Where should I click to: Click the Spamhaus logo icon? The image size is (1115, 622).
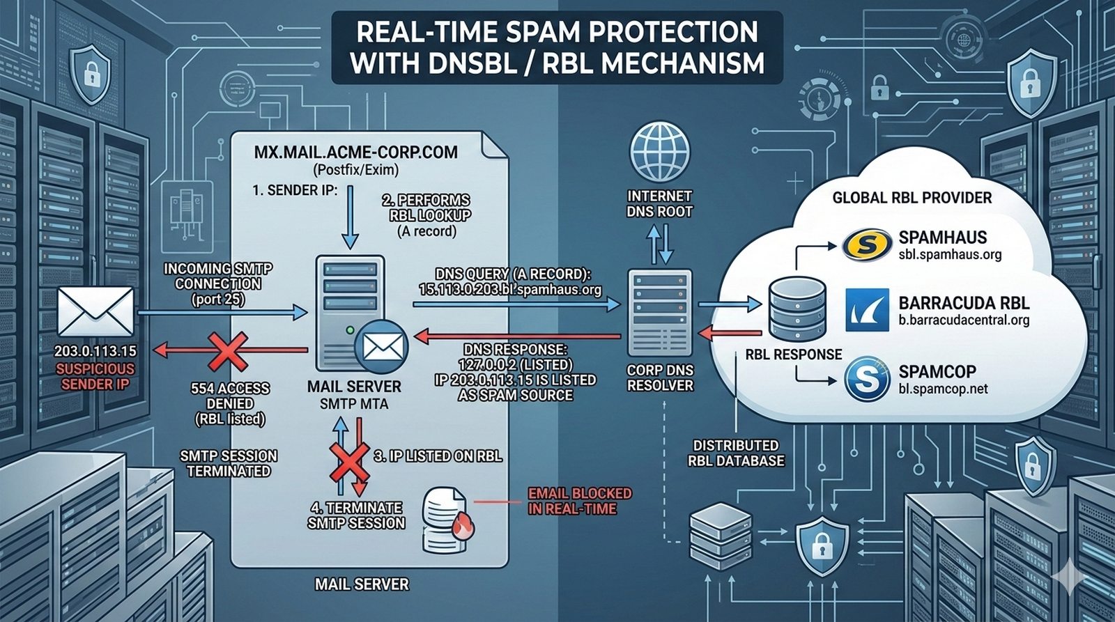pyautogui.click(x=867, y=244)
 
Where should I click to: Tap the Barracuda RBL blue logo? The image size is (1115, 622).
pyautogui.click(x=867, y=310)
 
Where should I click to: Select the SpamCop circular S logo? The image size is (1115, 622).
pyautogui.click(x=867, y=379)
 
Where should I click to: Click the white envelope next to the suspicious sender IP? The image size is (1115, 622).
pyautogui.click(x=95, y=311)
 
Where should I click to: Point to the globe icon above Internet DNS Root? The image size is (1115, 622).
pyautogui.click(x=659, y=152)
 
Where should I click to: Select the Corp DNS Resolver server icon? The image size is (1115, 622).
pyautogui.click(x=659, y=312)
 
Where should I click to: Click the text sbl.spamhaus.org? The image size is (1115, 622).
pyautogui.click(x=950, y=255)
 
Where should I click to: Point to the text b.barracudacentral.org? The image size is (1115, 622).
pyautogui.click(x=964, y=320)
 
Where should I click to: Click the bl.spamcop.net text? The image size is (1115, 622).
pyautogui.click(x=943, y=389)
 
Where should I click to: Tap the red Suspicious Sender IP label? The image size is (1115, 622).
pyautogui.click(x=95, y=377)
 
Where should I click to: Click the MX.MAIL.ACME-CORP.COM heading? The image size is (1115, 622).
pyautogui.click(x=355, y=153)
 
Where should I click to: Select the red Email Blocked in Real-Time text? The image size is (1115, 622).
pyautogui.click(x=580, y=501)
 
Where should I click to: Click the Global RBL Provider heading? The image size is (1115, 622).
pyautogui.click(x=912, y=198)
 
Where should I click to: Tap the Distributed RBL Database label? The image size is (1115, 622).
pyautogui.click(x=735, y=453)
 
